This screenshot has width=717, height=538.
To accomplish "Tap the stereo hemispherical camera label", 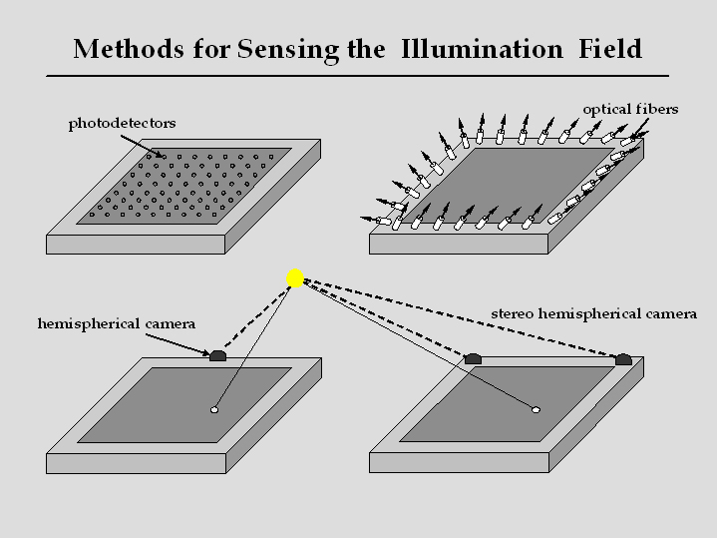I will coord(593,314).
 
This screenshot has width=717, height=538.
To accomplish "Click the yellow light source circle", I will coord(294,278).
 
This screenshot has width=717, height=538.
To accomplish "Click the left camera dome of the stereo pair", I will coord(475,357).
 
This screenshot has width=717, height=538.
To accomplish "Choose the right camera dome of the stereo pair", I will coord(623,358).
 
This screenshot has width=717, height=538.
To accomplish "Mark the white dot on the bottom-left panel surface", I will coord(214,409).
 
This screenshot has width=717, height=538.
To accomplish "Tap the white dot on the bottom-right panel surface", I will coord(536,409).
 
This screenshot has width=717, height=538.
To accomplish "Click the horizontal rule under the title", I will coord(358,75).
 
